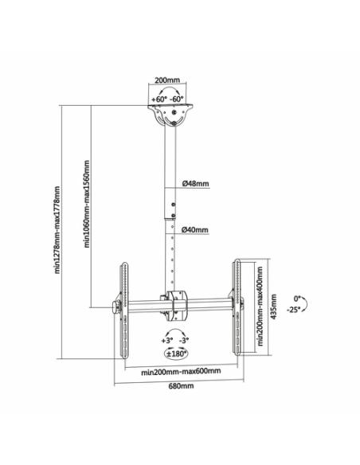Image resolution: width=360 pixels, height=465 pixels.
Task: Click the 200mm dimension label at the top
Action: pos(167,80)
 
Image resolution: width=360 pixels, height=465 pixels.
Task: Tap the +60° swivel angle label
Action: pos(159,100)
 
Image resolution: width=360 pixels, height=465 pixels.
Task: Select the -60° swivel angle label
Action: pos(177,99)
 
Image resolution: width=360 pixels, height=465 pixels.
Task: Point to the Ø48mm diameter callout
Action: pos(195,184)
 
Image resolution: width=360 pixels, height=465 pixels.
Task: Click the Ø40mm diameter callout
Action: pos(195,230)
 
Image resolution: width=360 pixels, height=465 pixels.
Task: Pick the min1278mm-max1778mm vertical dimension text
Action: pos(57,230)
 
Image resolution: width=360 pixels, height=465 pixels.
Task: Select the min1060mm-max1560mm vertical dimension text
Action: pos(87,204)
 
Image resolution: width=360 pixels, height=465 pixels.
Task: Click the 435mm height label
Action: pos(274,307)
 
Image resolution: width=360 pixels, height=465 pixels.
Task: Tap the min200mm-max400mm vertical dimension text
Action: pos(260,306)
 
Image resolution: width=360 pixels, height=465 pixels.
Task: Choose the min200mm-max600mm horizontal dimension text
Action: pos(181,371)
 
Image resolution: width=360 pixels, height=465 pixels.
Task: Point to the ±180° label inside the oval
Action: pos(177,354)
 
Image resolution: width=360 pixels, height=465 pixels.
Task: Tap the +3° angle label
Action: pos(167,341)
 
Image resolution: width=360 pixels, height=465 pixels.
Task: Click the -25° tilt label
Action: pos(293,309)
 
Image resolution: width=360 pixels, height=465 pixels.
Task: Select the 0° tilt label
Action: pos(297,299)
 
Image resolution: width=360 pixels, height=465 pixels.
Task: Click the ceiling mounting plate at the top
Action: pos(170,115)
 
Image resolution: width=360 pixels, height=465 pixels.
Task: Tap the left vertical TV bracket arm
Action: pos(123,309)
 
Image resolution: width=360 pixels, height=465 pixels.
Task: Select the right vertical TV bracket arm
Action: pos(237,307)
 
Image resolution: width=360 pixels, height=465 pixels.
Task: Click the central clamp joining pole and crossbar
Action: pos(175,307)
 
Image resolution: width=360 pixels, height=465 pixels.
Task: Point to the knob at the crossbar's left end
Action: pos(116,307)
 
